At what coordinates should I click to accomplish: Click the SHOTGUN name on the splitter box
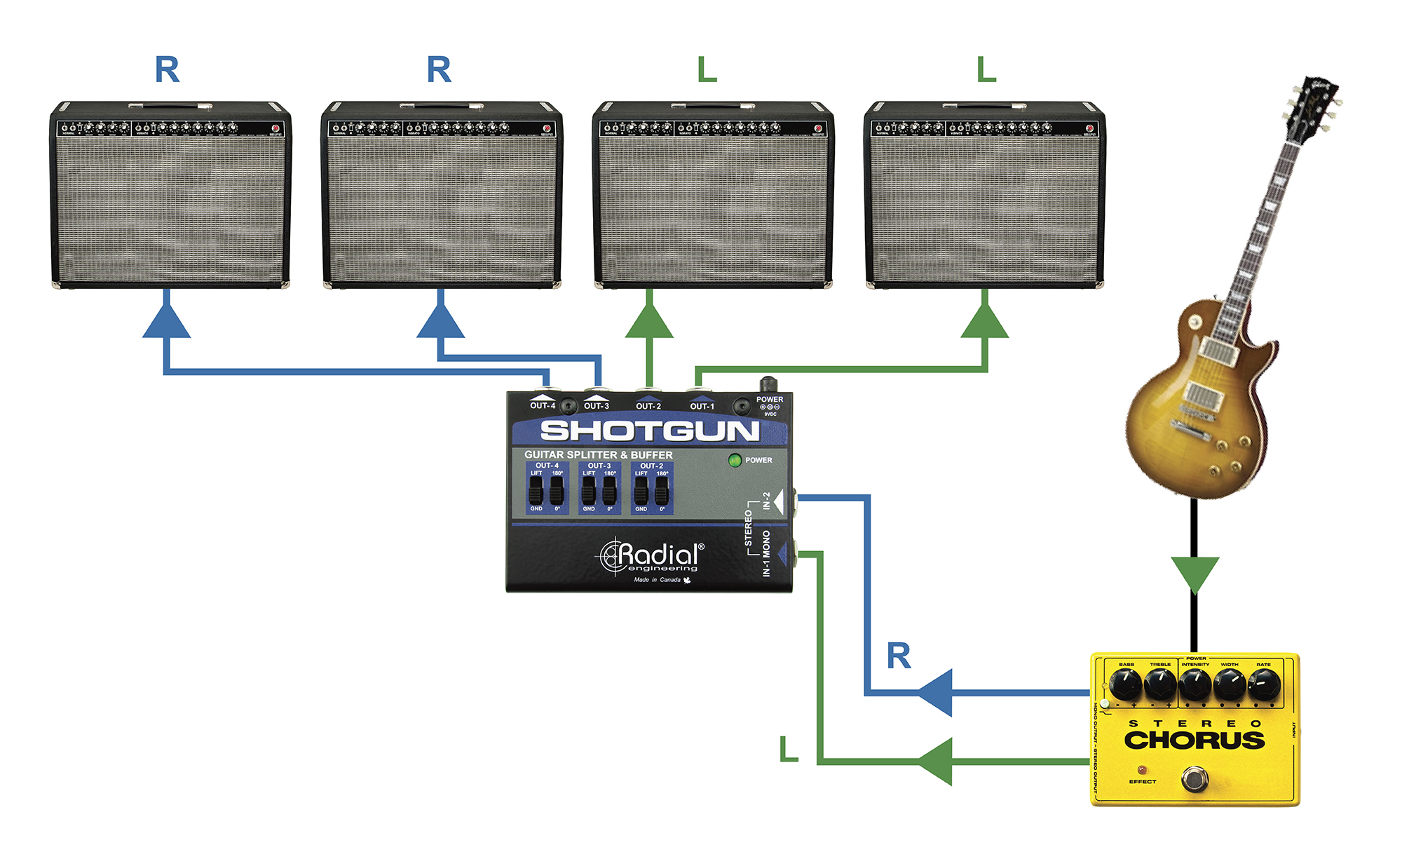point(649,431)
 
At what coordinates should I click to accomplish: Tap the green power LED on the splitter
point(735,461)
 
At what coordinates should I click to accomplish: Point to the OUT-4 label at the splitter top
point(543,405)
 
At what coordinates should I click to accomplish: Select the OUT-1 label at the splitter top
point(702,406)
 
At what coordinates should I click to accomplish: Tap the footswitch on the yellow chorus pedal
point(1195,778)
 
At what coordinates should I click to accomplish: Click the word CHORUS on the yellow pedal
point(1195,740)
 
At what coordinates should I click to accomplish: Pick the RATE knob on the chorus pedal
point(1264,683)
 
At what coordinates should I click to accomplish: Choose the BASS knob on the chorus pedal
point(1126,683)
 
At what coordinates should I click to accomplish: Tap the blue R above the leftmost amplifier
point(168,70)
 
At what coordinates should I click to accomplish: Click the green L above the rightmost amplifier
point(986,70)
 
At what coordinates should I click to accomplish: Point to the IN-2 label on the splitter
point(767,501)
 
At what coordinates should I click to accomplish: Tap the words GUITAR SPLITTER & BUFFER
point(598,454)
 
